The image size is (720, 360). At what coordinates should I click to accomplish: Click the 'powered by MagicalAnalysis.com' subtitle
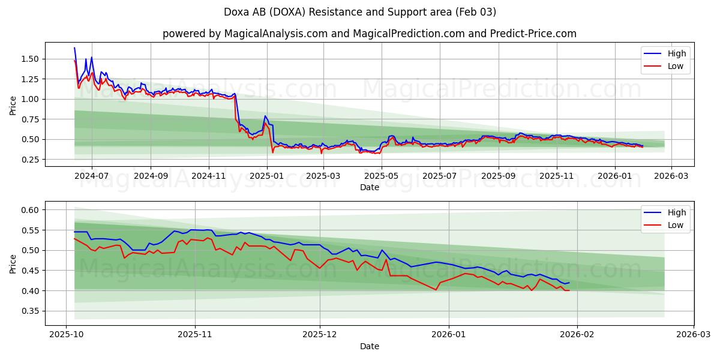tap(369, 34)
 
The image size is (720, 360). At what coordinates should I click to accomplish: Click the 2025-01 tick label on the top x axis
tap(266, 176)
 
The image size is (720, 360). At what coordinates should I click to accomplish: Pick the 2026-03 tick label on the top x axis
tap(671, 176)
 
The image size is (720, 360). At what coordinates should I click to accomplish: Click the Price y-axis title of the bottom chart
tap(13, 263)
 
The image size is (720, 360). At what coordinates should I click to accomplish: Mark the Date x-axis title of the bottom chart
tap(369, 346)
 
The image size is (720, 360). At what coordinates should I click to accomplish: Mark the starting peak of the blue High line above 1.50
tap(74, 48)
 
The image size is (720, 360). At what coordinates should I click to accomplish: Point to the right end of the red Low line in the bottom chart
tap(569, 290)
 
